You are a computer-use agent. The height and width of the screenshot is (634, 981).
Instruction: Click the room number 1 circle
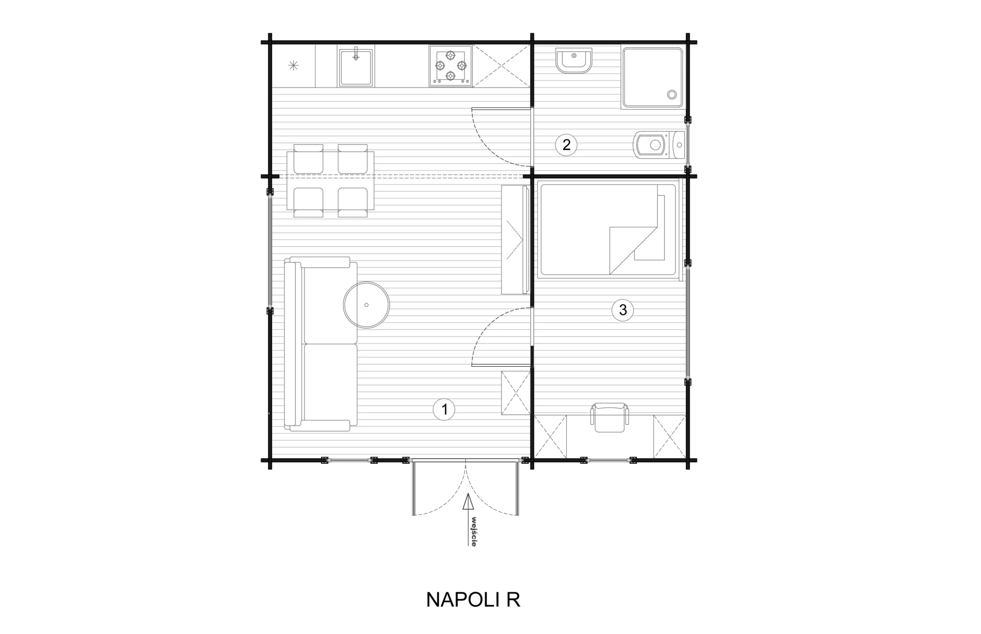point(444,410)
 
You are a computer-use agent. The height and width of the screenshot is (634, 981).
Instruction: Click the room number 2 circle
point(566,145)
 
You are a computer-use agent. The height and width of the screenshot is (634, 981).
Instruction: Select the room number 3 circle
point(623,310)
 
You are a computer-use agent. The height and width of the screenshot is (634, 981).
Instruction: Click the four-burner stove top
point(451,66)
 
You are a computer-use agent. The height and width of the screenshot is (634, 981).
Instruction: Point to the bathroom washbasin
point(574,61)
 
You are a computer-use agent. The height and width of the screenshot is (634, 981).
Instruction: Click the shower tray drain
point(671,95)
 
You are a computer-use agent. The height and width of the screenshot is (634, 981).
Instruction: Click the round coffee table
point(366,305)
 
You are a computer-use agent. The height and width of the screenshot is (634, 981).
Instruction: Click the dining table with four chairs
point(330,180)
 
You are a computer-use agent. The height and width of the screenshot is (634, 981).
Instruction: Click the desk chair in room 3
point(609,417)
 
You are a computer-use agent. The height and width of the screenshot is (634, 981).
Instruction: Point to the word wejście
point(474,532)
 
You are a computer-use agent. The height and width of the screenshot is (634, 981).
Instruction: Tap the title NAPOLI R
point(473,600)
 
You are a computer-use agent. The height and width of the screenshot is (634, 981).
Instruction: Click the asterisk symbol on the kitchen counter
point(293,65)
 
